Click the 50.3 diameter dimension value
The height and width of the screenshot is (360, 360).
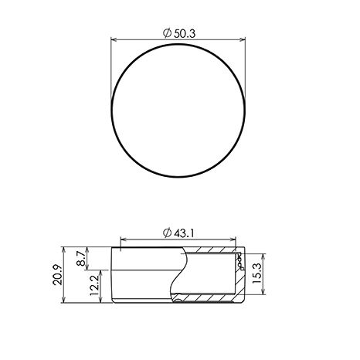185,34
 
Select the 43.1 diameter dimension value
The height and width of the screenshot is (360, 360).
184,233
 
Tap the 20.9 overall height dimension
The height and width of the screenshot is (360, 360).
57,274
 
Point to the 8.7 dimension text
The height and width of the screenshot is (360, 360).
81,259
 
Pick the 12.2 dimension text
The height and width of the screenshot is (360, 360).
94,285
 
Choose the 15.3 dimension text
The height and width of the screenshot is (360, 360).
256,273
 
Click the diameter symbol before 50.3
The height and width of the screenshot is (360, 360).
168,33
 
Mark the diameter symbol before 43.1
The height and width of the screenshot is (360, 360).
168,233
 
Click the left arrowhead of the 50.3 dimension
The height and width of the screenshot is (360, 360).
114,39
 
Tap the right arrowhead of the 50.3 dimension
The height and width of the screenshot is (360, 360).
243,39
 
